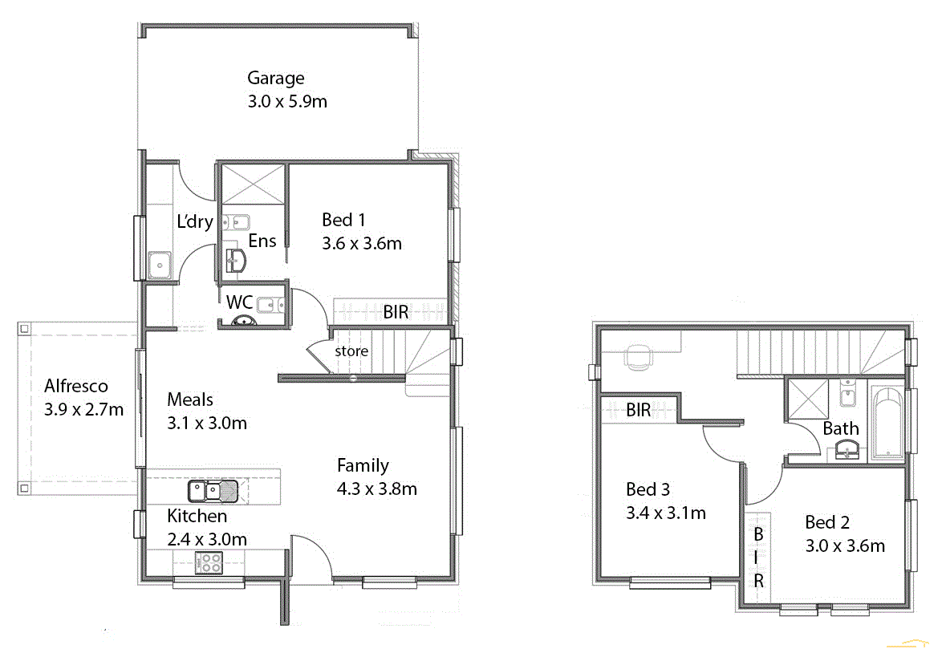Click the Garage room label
(275, 78)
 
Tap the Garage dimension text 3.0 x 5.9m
(287, 102)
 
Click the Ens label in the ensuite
(262, 241)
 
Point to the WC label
(239, 302)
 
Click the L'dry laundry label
(194, 221)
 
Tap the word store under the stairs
(351, 351)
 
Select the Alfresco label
(76, 386)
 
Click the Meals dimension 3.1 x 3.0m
(206, 422)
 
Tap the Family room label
(363, 465)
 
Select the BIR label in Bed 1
(396, 312)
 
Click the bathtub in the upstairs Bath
(887, 425)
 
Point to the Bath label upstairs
(840, 428)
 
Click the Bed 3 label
(648, 489)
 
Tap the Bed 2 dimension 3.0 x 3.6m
(845, 546)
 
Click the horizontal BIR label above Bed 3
(639, 410)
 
